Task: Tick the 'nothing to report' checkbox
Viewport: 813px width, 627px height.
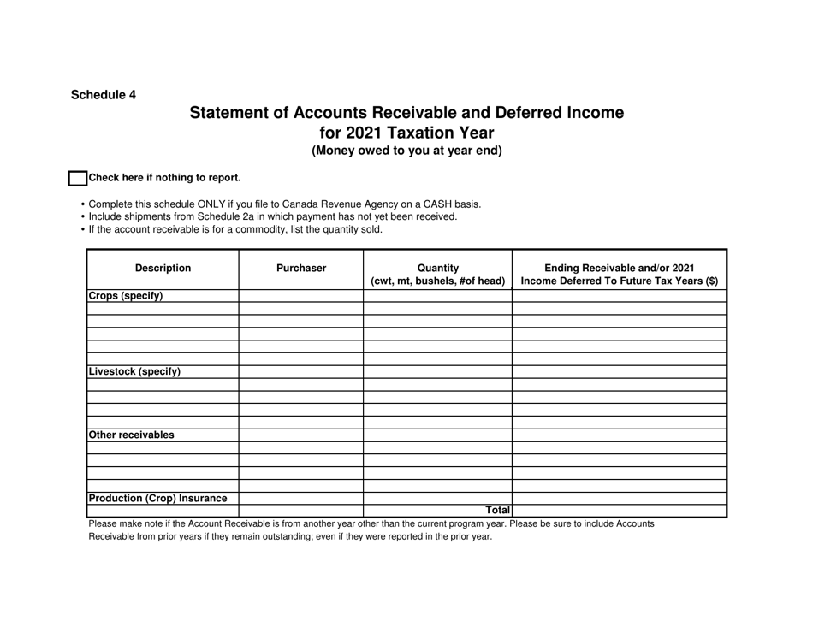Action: point(77,179)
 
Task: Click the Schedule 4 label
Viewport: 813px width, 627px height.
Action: point(103,95)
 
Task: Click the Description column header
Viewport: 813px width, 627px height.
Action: point(163,269)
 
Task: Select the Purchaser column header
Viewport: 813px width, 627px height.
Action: point(301,269)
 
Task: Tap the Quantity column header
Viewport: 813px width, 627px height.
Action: point(437,274)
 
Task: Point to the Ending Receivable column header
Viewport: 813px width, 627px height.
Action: point(619,274)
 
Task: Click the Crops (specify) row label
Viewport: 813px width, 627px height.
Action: point(125,296)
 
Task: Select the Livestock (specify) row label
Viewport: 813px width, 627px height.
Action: point(134,372)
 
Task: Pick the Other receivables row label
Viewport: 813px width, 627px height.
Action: point(131,435)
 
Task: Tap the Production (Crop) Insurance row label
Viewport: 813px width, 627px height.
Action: point(158,498)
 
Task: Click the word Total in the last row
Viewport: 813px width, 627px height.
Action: point(496,511)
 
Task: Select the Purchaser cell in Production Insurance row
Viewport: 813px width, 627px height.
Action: point(301,498)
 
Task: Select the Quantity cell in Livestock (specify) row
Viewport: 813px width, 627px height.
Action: point(437,372)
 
